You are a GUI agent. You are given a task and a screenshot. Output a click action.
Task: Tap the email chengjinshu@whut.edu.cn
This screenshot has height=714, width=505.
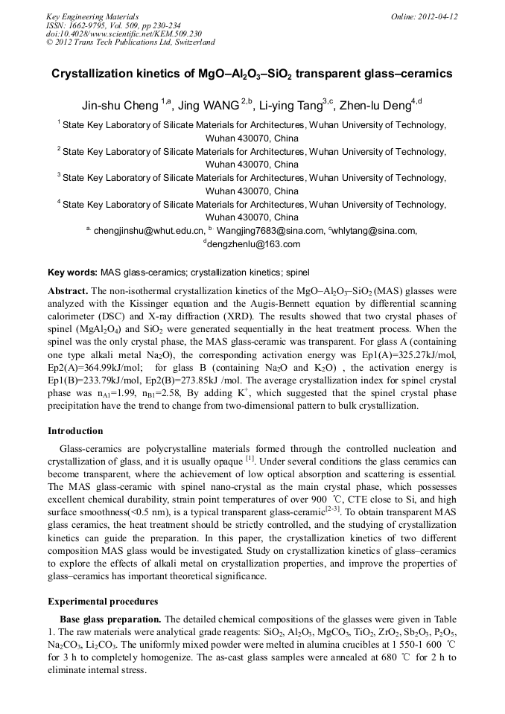[148, 231]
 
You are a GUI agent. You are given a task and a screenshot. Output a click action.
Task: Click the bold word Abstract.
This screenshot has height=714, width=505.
[69, 290]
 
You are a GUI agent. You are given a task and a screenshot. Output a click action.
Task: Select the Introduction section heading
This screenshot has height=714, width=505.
[75, 431]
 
